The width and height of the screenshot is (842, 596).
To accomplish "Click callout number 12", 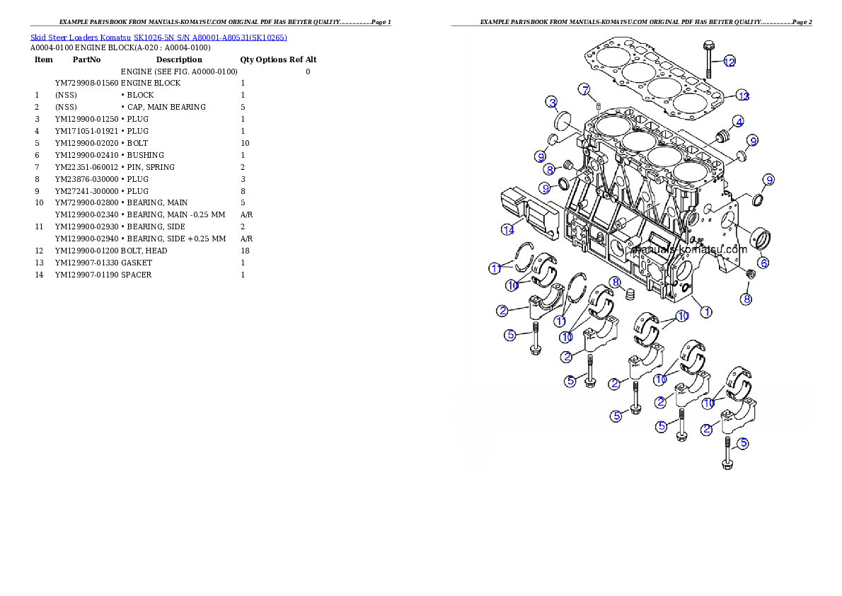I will (729, 62).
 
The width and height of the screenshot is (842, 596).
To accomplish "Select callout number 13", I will (742, 95).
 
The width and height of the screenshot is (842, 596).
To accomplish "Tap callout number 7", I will (584, 89).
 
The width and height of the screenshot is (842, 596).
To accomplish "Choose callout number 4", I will (737, 121).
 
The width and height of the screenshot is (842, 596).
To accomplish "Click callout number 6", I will (764, 262).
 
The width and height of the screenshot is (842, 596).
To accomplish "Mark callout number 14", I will (507, 229).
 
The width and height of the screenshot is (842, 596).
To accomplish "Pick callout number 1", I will (706, 311).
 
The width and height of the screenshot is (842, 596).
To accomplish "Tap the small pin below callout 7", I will (599, 107).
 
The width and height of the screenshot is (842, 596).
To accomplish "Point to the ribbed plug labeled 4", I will (725, 135).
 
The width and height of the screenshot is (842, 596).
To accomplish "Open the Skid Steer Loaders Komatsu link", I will (158, 38).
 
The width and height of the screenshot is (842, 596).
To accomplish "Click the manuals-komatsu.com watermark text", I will (689, 249).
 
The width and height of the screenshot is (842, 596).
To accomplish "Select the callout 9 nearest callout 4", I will (753, 141).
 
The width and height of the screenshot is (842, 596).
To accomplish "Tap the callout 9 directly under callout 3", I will (540, 156).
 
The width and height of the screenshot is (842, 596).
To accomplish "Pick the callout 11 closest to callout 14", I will (495, 268).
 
